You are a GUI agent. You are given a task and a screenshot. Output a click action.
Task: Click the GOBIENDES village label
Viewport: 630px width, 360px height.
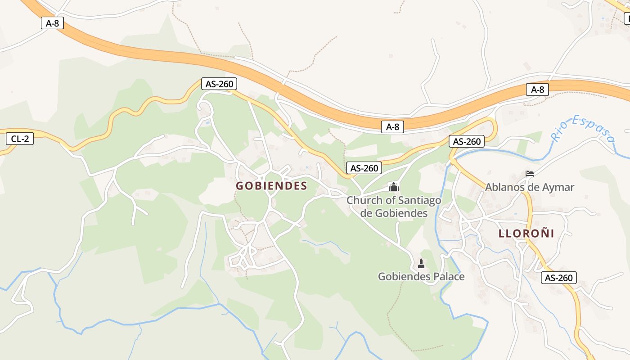[271, 186]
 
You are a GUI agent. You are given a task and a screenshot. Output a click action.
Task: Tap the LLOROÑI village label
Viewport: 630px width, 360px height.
[526, 233]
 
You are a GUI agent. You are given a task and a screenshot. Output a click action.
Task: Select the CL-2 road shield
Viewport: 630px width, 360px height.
[20, 139]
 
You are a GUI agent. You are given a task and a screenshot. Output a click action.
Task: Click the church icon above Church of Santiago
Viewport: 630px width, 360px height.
[394, 186]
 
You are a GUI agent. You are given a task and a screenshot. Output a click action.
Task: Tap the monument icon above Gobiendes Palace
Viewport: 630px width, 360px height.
[421, 264]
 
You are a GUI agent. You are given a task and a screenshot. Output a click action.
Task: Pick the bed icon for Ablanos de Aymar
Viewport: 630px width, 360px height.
[530, 174]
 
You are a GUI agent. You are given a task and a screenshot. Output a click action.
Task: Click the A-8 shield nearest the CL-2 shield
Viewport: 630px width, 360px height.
[52, 23]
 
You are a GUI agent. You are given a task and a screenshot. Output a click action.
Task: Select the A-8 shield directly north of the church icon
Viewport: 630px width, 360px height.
[392, 127]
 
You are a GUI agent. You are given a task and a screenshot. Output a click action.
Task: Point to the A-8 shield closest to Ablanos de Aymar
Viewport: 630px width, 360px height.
[537, 90]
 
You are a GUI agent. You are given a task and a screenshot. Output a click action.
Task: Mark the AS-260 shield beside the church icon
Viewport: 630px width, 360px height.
[364, 168]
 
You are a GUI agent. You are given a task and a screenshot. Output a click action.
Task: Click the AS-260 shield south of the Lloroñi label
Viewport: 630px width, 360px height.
[558, 278]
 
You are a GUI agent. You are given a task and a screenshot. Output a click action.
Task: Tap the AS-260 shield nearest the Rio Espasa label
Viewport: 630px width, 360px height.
[467, 141]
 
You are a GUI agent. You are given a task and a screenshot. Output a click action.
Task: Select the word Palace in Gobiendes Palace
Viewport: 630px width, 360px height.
[449, 276]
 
